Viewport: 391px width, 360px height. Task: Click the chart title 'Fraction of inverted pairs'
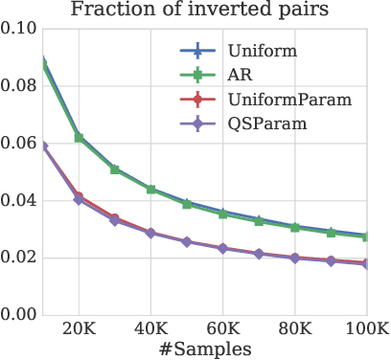coord(207,12)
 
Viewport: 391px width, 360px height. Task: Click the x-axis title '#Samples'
coord(206,349)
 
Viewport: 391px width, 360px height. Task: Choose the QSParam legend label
coord(266,124)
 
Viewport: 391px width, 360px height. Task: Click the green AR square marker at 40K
coord(150,190)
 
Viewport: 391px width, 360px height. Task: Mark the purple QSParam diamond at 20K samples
coord(79,200)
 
